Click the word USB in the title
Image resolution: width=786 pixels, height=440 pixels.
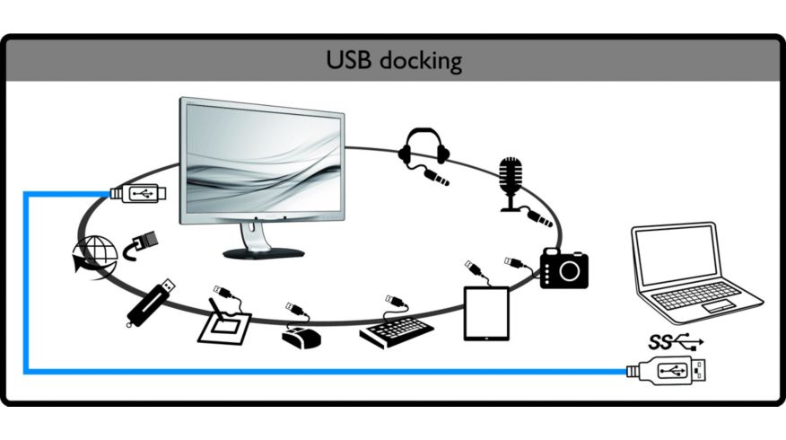349,61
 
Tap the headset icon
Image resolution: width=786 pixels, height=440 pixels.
418,148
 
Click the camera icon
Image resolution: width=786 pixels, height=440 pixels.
564,268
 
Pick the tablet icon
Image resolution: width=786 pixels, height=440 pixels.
485,312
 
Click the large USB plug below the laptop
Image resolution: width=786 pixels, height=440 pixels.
668,370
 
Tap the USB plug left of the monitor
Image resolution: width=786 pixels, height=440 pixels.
138,192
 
